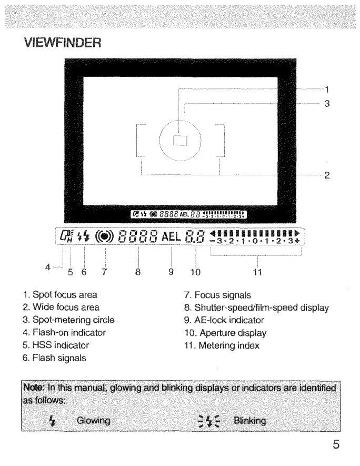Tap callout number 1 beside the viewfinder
point(327,89)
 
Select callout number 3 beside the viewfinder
point(327,104)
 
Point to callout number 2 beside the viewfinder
point(327,175)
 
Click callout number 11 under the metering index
point(257,272)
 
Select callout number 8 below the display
point(138,272)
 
